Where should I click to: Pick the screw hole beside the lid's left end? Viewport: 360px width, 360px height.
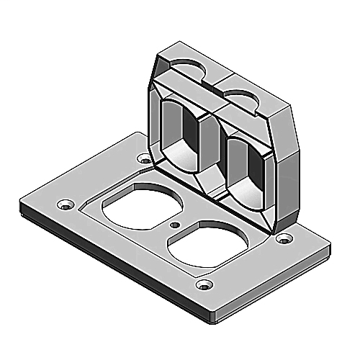[146, 161]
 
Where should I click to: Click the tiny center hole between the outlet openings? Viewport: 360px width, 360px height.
[175, 225]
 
